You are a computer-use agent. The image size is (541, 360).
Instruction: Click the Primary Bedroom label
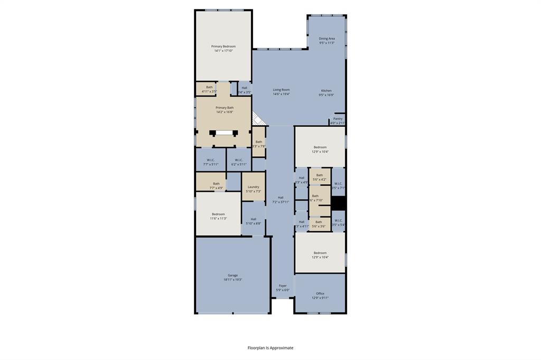point(223,49)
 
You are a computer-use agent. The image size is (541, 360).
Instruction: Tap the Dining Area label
point(327,41)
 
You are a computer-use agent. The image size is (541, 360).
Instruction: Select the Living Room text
point(281,92)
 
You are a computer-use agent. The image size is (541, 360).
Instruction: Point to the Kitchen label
point(326,93)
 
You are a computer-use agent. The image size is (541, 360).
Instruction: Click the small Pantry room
point(338,120)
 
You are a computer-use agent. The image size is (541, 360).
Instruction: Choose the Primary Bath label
point(224,109)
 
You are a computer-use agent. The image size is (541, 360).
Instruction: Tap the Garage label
point(232,277)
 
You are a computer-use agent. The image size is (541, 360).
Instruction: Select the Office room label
point(320,296)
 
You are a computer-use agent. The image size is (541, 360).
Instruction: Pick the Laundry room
point(253,188)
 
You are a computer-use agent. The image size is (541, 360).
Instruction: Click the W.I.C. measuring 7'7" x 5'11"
point(210,162)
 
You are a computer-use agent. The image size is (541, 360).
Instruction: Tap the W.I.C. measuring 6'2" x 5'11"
point(238,162)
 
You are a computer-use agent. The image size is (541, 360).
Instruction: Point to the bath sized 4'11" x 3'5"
point(209,89)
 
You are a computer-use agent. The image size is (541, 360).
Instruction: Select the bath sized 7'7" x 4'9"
point(216,185)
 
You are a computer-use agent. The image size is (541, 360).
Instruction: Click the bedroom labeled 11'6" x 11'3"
point(218,216)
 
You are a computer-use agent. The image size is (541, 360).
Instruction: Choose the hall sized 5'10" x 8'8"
point(254,221)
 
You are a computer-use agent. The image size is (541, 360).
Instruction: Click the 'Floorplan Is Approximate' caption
point(270,348)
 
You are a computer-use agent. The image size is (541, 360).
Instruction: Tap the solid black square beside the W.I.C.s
point(339,203)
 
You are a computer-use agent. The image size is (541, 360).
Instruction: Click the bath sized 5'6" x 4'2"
point(319,177)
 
